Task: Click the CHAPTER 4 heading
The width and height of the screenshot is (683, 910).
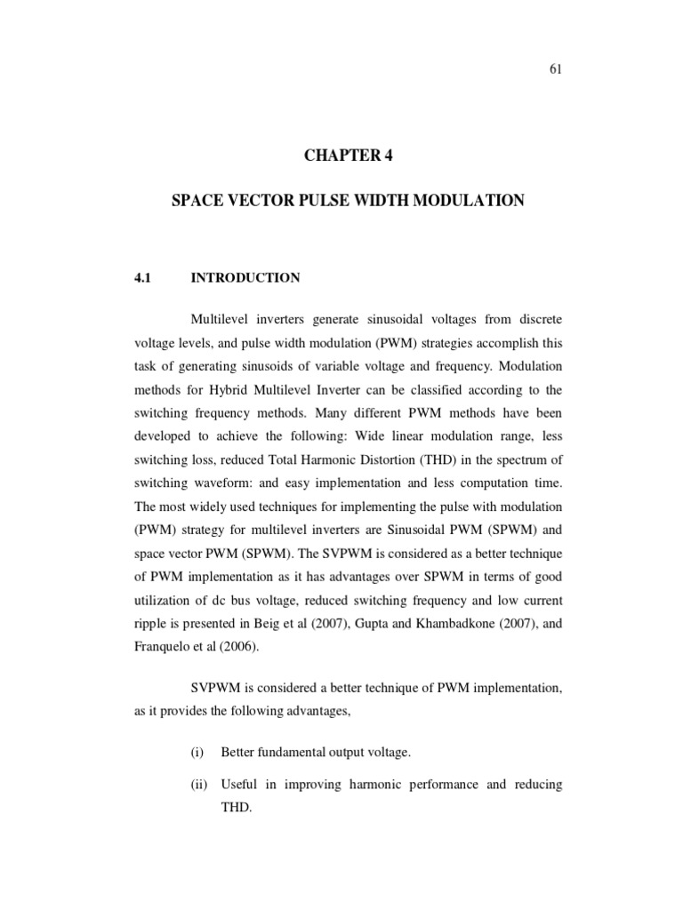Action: pos(347,156)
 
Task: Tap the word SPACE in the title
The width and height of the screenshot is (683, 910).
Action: pos(196,202)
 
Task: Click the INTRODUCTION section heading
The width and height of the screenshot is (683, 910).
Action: pos(245,278)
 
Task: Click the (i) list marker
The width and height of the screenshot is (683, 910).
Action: pos(197,753)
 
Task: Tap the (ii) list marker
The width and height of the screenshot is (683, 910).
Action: pos(198,785)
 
